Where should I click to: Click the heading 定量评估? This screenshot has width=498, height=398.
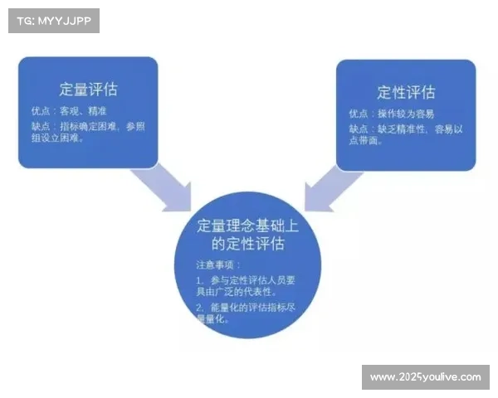click(87, 89)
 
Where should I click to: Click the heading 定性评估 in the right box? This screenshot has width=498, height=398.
click(406, 91)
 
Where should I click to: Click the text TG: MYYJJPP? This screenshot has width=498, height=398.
click(53, 21)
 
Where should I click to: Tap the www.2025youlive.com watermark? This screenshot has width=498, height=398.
click(425, 377)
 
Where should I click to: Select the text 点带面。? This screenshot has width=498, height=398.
click(365, 142)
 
